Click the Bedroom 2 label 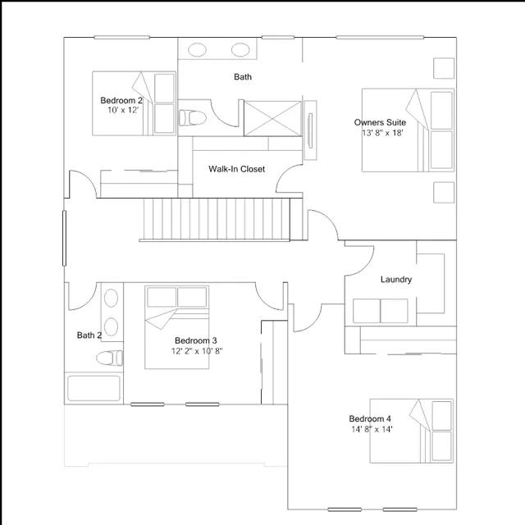[x=121, y=100]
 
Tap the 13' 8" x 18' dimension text [x=382, y=133]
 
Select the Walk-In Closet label [x=236, y=169]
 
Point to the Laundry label [x=396, y=280]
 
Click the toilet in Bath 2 [x=109, y=358]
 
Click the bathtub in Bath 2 [x=94, y=388]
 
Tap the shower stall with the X [x=272, y=118]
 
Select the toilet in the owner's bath [x=192, y=118]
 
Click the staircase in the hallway [x=217, y=219]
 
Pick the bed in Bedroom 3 [x=177, y=327]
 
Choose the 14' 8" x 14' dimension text [x=372, y=429]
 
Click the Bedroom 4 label [x=370, y=419]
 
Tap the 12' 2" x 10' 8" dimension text [x=197, y=351]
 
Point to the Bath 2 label [x=89, y=336]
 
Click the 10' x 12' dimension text [x=123, y=110]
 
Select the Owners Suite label [x=380, y=122]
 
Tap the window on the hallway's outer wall [x=64, y=238]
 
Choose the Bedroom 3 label [x=196, y=341]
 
